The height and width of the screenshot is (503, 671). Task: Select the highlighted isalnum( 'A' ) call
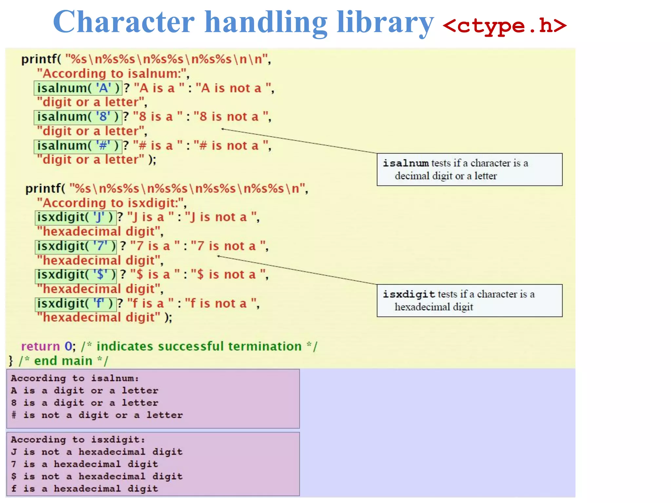(78, 88)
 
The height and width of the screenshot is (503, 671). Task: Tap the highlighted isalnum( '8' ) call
(78, 117)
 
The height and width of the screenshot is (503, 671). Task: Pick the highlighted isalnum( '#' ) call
(78, 146)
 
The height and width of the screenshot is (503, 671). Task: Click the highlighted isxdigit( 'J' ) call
(75, 217)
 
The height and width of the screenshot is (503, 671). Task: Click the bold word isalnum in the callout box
(406, 163)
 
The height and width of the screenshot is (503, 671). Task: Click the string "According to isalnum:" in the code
(113, 74)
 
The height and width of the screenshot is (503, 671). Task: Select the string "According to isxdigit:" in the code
(111, 203)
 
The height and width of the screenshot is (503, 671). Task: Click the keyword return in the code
(41, 346)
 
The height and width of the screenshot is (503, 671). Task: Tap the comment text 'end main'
(63, 361)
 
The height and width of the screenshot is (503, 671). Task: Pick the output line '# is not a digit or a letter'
(97, 415)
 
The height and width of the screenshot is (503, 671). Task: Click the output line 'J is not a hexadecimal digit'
(97, 452)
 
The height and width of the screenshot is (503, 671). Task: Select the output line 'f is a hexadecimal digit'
(85, 489)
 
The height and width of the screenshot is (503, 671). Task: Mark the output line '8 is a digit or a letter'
(85, 403)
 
